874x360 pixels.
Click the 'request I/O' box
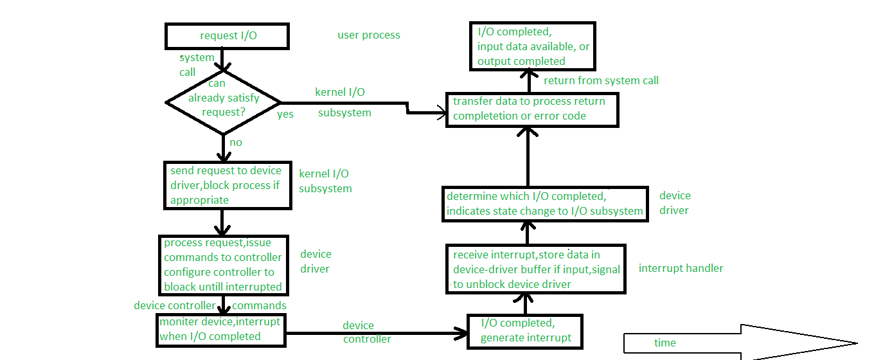227,36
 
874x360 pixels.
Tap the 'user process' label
368,35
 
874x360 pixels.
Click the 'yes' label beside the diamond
285,114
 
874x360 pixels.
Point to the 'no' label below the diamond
236,142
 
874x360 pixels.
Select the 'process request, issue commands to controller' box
222,264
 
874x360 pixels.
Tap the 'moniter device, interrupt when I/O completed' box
220,328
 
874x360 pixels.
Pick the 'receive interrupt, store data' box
535,269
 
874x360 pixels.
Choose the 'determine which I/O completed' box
545,204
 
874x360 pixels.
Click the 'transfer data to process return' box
531,109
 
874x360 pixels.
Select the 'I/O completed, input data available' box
533,46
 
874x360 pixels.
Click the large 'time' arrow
739,343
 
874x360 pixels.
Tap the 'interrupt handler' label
681,268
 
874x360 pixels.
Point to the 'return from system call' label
601,80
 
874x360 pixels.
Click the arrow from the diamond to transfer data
360,104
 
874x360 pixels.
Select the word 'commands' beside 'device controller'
259,305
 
